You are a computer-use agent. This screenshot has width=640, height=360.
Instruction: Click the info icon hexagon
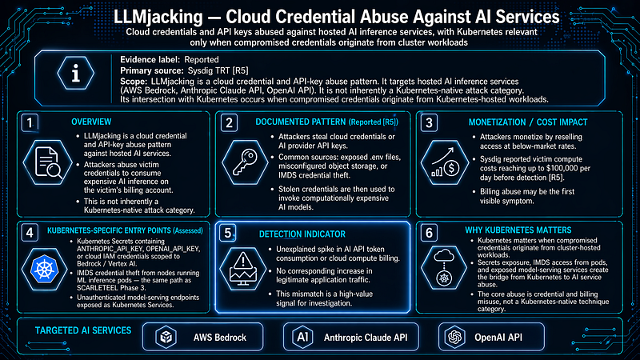tap(76, 74)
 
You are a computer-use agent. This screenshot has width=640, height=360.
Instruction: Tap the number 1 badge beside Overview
tap(30, 122)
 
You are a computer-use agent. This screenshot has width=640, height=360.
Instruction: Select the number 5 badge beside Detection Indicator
tap(228, 233)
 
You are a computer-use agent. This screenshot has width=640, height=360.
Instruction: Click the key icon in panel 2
tap(245, 162)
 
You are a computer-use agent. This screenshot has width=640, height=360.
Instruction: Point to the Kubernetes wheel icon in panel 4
tap(45, 270)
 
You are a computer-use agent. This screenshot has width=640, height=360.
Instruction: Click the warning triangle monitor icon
tap(243, 269)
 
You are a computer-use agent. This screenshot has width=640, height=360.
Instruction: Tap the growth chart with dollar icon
tap(445, 162)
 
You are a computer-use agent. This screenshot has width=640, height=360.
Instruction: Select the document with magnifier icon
tap(48, 162)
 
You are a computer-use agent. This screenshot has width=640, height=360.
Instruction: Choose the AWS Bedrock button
tap(203, 337)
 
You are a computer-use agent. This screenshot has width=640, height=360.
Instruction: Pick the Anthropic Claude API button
tap(351, 337)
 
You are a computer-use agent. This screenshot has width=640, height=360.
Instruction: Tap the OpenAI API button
tap(491, 337)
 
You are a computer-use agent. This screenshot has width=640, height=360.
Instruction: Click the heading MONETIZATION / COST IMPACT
tap(528, 122)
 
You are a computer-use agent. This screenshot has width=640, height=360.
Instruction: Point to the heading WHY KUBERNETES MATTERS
tap(518, 230)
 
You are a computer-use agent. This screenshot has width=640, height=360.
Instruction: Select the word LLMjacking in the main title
tap(158, 17)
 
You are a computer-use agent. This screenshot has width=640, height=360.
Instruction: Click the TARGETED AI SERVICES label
tap(83, 330)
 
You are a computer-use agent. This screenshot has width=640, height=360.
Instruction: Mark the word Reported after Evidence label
tap(202, 59)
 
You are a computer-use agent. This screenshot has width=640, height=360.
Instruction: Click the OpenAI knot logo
tap(455, 337)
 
